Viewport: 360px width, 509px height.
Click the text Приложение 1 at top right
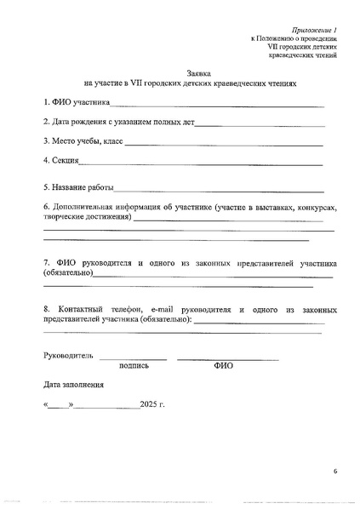(314, 29)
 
